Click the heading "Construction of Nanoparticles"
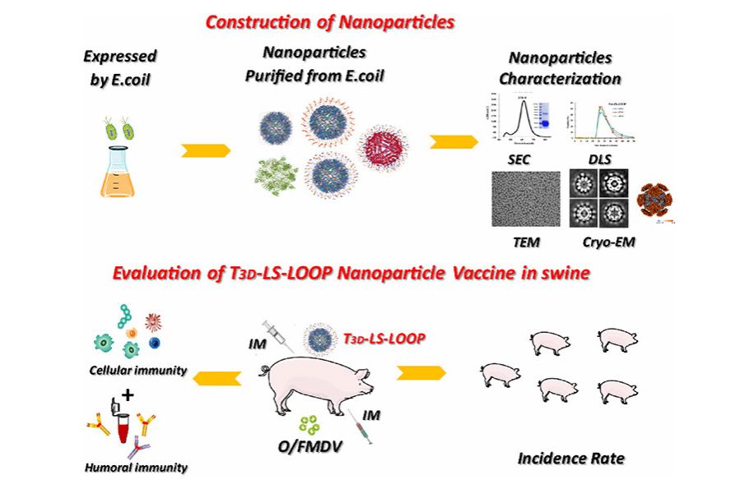pos(330,21)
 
